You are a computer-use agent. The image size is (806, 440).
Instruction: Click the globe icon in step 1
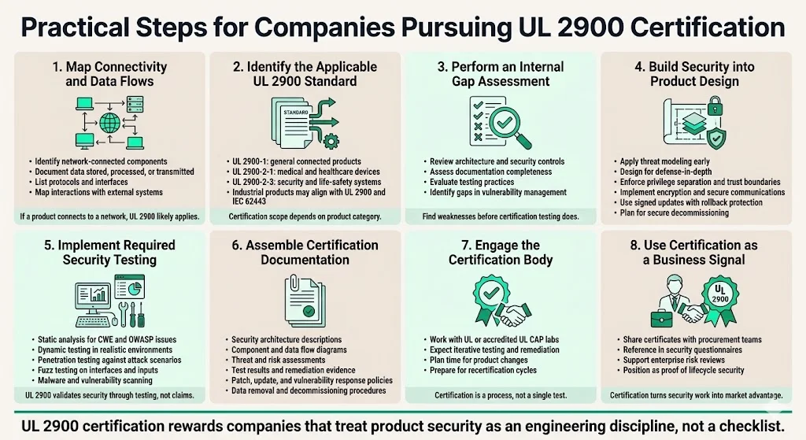tap(109, 123)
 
